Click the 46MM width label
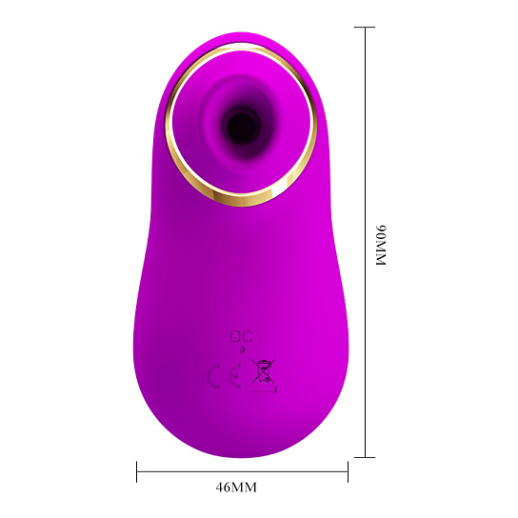pyautogui.click(x=236, y=488)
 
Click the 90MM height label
pyautogui.click(x=381, y=246)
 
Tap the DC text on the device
pyautogui.click(x=241, y=337)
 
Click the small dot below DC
pyautogui.click(x=242, y=349)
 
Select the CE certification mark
pyautogui.click(x=225, y=375)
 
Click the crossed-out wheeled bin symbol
pyautogui.click(x=264, y=371)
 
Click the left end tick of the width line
pyautogui.click(x=136, y=471)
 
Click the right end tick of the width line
pyautogui.click(x=348, y=471)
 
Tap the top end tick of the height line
pyautogui.click(x=365, y=27)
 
